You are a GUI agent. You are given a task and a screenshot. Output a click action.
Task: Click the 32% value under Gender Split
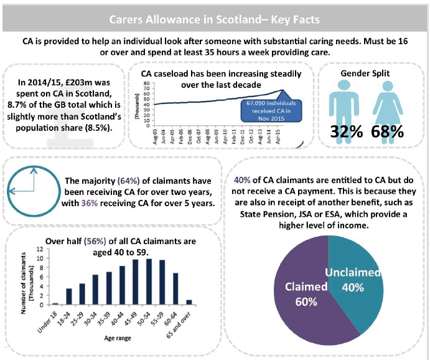point(347,132)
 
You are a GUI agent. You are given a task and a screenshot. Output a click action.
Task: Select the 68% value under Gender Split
point(387,132)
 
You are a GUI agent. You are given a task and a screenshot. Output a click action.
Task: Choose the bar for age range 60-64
point(175,290)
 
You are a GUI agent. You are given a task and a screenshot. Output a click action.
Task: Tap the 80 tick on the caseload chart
point(146,83)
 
